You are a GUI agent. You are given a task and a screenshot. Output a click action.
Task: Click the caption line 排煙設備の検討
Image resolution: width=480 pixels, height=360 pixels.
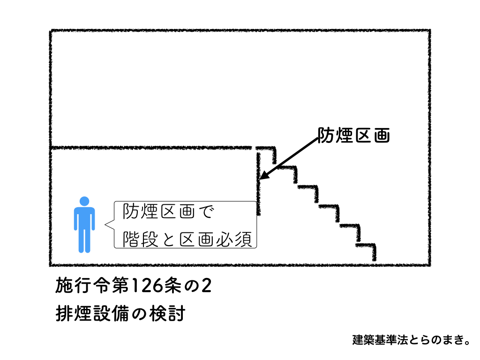[120, 313]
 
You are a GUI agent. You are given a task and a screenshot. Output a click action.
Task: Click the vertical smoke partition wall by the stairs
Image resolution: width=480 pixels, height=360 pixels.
[258, 183]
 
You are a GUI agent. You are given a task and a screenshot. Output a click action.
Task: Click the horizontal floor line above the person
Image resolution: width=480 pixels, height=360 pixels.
[150, 148]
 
